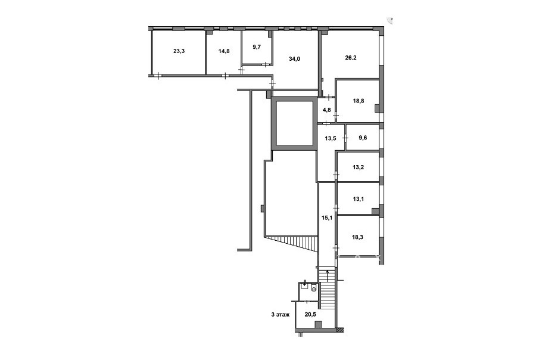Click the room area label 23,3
tap(179, 51)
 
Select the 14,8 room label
tap(224, 51)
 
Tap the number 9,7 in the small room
tap(257, 47)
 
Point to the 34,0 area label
tap(294, 59)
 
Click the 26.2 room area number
tap(351, 58)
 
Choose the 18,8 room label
tap(359, 101)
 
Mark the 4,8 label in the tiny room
tap(326, 110)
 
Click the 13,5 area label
tap(330, 139)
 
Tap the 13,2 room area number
tap(358, 167)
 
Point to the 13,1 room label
tap(358, 199)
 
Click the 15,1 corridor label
tap(327, 218)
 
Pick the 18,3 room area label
tap(358, 237)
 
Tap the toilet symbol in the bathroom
tap(314, 289)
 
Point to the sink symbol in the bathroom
tap(304, 284)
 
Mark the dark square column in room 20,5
tap(319, 324)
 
